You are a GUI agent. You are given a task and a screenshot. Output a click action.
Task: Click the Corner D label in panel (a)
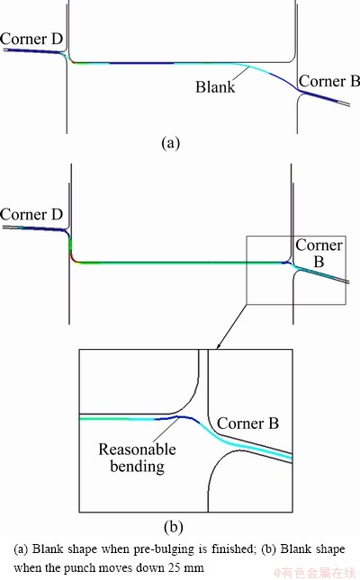[x=31, y=39]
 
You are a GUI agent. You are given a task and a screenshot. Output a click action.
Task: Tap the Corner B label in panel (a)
[x=328, y=81]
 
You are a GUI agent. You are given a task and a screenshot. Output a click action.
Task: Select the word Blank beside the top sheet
[x=215, y=87]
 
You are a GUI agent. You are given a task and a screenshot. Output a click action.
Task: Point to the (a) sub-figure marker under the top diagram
[x=171, y=142]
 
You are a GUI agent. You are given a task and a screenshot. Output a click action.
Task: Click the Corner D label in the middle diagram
[x=31, y=214]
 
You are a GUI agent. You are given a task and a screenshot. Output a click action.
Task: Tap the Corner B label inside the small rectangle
[x=319, y=253]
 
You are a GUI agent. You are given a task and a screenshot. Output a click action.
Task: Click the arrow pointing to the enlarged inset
[x=232, y=326]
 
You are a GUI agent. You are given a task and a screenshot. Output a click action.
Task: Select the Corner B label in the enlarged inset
[x=247, y=424]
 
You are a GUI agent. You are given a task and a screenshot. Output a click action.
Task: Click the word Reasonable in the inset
[x=137, y=449]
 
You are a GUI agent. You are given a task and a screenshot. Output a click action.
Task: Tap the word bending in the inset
[x=137, y=466]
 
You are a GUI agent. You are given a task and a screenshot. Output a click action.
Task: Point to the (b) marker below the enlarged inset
[x=174, y=527]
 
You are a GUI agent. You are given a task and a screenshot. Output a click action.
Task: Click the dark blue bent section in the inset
[x=177, y=418]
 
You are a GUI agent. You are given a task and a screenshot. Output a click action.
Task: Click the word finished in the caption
[x=234, y=549]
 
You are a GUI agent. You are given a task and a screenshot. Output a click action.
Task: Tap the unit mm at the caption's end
[x=194, y=568]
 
